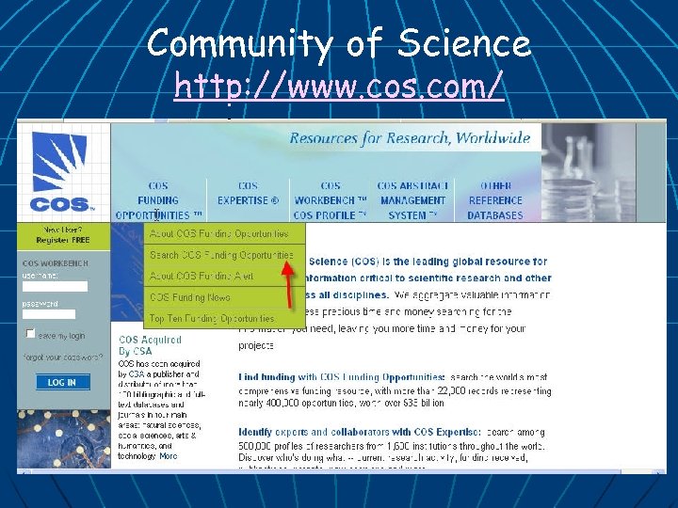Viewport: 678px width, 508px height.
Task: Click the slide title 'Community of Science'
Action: pos(339,42)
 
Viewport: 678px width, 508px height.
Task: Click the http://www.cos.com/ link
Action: pos(339,87)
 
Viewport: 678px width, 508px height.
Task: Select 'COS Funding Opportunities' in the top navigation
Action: pos(158,200)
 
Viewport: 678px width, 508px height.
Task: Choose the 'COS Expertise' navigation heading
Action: pos(248,194)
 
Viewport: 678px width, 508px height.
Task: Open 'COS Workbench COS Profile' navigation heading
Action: pos(331,200)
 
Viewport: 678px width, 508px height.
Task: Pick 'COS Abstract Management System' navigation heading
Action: pos(412,200)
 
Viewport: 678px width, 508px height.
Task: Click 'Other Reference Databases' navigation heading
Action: pos(495,200)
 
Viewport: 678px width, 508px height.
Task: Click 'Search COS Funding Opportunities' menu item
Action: pos(221,255)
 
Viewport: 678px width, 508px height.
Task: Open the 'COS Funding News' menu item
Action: pos(190,297)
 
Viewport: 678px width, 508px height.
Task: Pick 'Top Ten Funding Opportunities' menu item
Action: pos(212,318)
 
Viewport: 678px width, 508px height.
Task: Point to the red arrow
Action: pos(297,273)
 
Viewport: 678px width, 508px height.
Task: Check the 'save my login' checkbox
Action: pos(30,334)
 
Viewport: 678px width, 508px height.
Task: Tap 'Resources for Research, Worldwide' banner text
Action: pos(410,138)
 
